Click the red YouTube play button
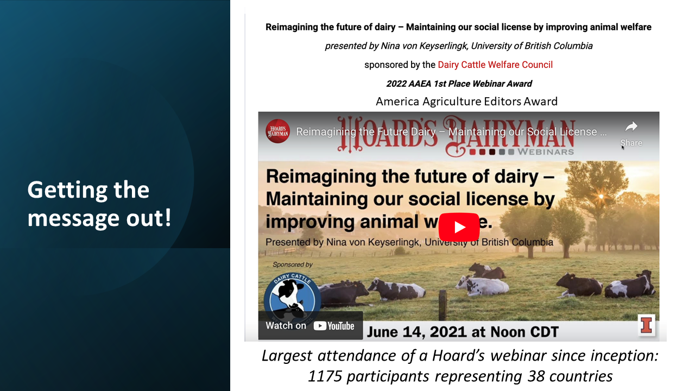tap(459, 227)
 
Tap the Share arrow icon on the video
tap(631, 127)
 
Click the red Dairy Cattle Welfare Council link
tap(495, 65)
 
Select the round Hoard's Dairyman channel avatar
tap(277, 131)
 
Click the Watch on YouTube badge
tap(310, 325)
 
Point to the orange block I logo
tap(647, 325)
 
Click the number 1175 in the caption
tap(325, 376)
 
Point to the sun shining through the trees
tap(601, 196)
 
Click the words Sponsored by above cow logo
tap(293, 264)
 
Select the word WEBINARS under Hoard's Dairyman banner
tap(546, 152)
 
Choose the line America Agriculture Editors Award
tap(466, 102)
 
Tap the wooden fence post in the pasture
tap(443, 305)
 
